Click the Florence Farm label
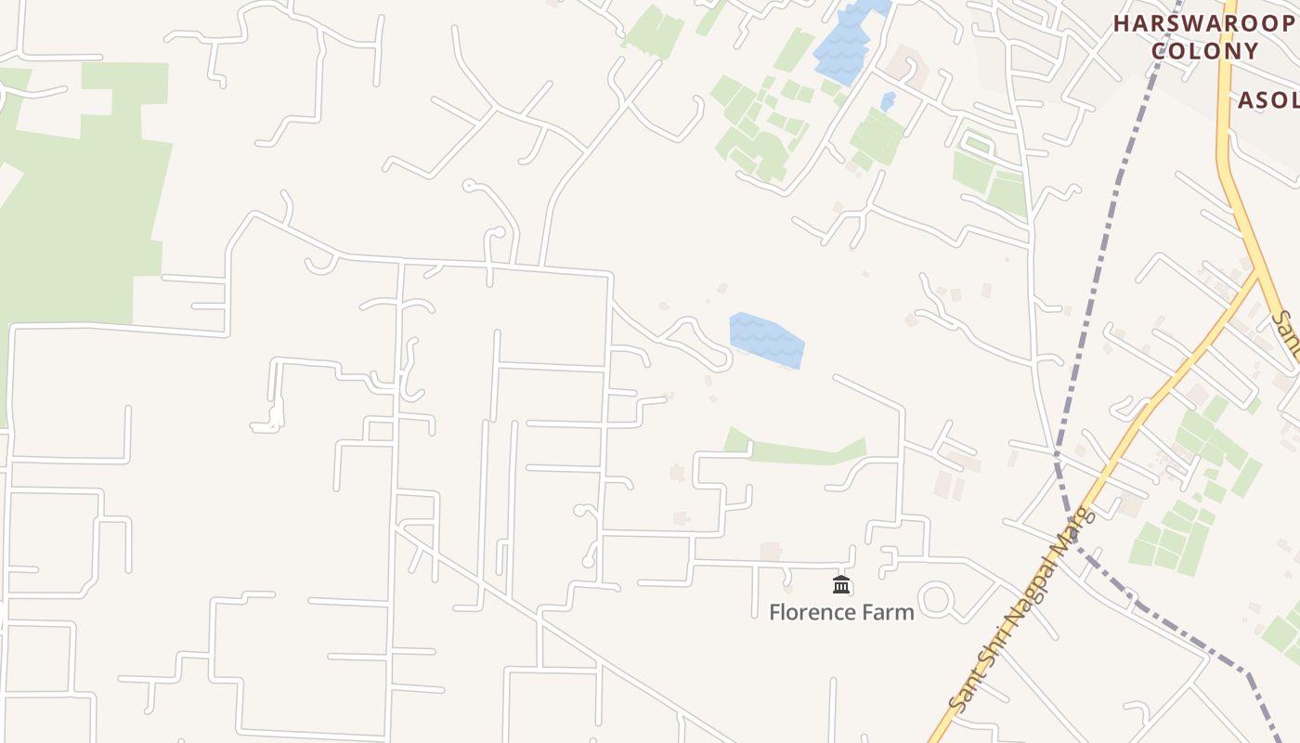click(x=841, y=612)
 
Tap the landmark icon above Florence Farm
click(x=841, y=584)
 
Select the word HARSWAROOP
click(x=1203, y=24)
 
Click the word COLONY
click(x=1205, y=51)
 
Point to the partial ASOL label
click(x=1268, y=99)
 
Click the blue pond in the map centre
click(x=766, y=340)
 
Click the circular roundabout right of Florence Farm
click(x=936, y=599)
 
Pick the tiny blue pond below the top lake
click(x=888, y=100)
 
